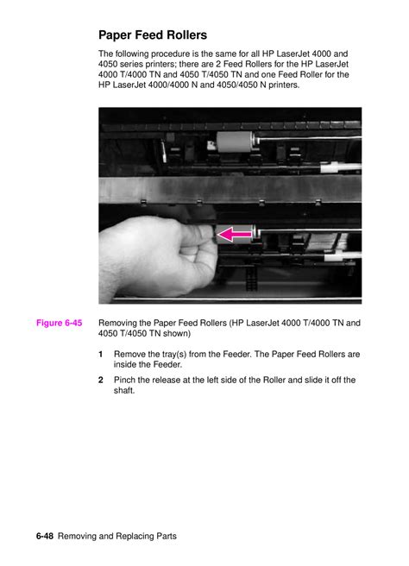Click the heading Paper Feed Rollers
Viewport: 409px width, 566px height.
tap(153, 35)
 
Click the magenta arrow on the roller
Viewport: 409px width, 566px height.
tap(235, 235)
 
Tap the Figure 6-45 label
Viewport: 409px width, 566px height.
tap(60, 323)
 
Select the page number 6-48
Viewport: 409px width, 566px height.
tap(45, 536)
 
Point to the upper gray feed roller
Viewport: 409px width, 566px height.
tap(235, 141)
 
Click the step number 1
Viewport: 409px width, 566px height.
tap(101, 354)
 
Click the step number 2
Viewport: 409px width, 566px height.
tap(101, 380)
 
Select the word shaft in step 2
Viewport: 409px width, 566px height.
tap(124, 391)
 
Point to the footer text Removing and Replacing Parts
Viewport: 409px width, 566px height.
tap(117, 537)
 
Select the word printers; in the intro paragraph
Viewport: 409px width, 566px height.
tap(162, 64)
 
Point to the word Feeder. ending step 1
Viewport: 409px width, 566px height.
tap(168, 365)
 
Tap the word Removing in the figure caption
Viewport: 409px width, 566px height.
tap(117, 323)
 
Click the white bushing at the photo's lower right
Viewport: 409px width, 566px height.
tap(343, 256)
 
